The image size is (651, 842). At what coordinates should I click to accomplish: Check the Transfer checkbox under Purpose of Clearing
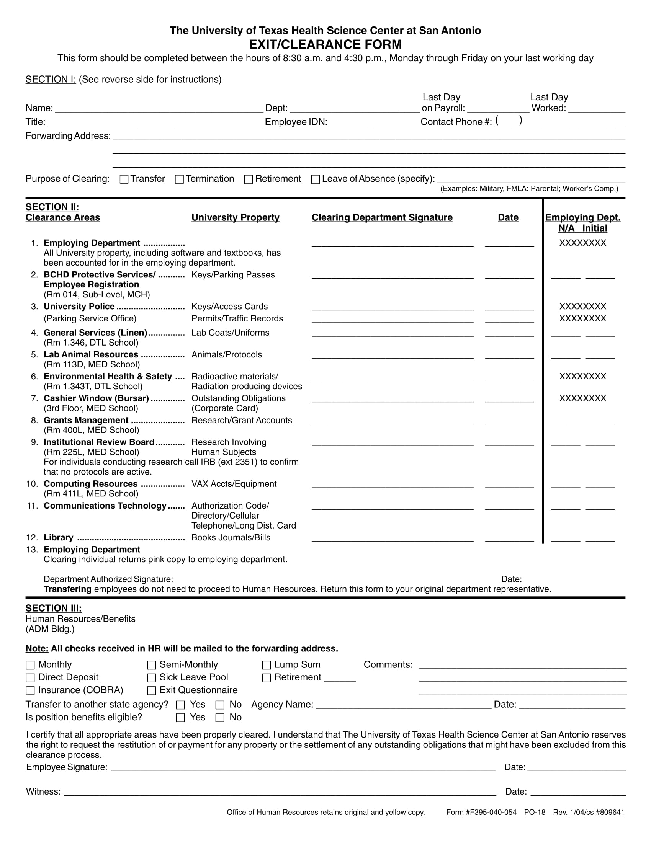(124, 179)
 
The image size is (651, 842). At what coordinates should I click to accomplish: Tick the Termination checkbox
(179, 179)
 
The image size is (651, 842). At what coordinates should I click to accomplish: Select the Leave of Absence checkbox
(316, 179)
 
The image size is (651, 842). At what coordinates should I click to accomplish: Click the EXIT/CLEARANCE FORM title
(325, 45)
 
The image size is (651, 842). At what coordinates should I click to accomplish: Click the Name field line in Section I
(159, 109)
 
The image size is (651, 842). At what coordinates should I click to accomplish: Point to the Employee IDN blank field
(374, 122)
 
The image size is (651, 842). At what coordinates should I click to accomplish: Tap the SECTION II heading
(52, 207)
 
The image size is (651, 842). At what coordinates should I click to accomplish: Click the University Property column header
(235, 217)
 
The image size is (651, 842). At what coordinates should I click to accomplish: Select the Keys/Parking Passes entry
(233, 275)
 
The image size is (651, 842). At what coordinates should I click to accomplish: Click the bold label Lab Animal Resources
(91, 355)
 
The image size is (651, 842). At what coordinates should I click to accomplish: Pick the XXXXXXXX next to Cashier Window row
(582, 398)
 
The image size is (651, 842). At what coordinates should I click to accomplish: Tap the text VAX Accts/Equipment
(234, 484)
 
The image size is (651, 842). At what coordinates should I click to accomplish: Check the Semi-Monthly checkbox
(152, 665)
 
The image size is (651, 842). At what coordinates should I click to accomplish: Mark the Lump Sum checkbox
(267, 665)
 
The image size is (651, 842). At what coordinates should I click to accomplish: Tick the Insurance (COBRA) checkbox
(30, 690)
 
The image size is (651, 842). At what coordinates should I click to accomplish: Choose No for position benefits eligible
(220, 718)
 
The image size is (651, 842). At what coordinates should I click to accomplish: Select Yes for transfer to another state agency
(180, 705)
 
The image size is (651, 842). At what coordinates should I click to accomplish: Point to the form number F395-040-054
(491, 812)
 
